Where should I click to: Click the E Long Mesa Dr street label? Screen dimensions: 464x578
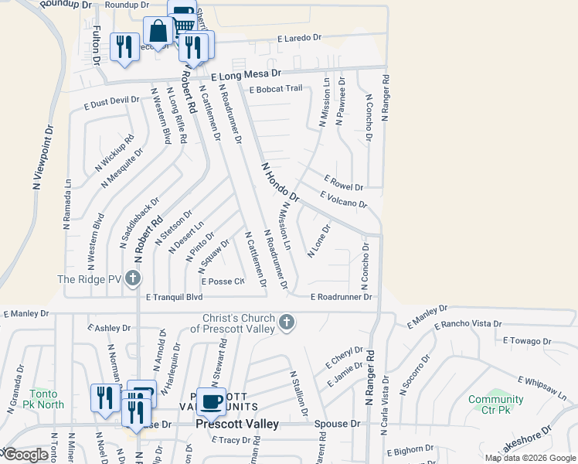(246, 76)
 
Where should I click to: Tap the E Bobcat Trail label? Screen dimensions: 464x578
(276, 89)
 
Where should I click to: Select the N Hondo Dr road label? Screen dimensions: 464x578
(280, 183)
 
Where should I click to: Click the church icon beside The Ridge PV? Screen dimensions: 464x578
(133, 278)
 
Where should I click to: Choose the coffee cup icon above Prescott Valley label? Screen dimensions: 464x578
(210, 401)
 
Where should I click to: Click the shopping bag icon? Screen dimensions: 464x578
(157, 32)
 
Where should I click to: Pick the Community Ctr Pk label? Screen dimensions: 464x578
(491, 404)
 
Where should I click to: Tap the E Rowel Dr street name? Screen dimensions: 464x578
(344, 183)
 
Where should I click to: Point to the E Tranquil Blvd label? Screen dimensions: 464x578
(174, 296)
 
